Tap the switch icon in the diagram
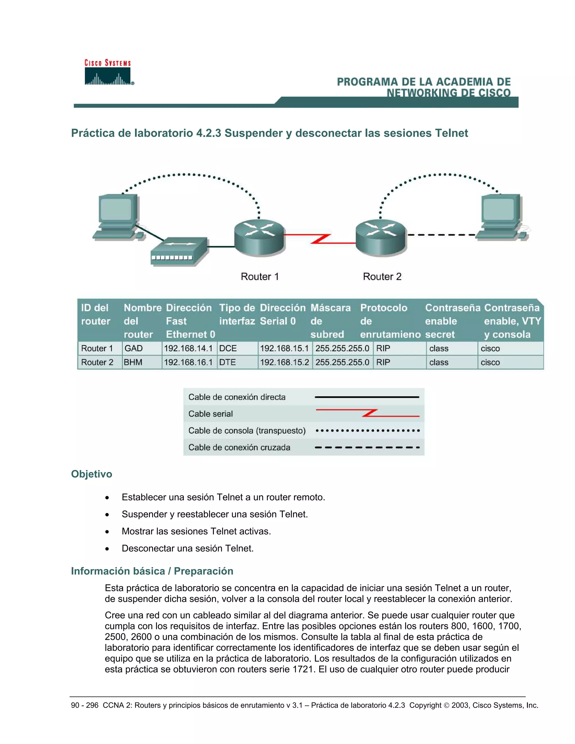[x=179, y=251]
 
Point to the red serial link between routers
[x=320, y=239]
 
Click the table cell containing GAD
[x=134, y=348]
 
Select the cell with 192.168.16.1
[x=188, y=362]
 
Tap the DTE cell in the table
[x=227, y=362]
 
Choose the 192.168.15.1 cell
[x=284, y=348]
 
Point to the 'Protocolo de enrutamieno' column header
[x=390, y=321]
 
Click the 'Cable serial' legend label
[x=211, y=414]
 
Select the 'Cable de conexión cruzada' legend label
[x=239, y=447]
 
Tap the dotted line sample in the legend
[x=367, y=431]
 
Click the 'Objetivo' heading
[x=92, y=474]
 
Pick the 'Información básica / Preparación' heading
[x=152, y=571]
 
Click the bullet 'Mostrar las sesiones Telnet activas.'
[x=196, y=531]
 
